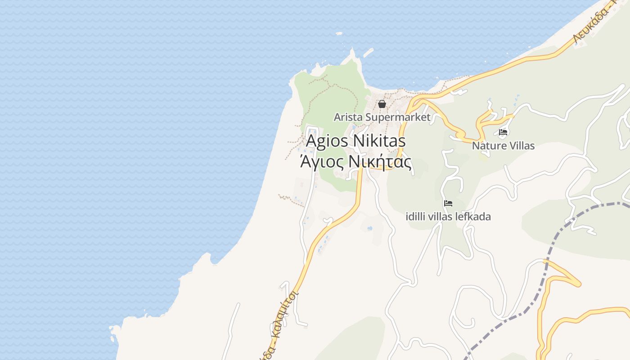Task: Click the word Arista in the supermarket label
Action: coord(348,117)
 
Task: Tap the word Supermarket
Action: coord(398,117)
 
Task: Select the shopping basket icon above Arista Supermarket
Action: coord(382,104)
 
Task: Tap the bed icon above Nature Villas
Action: coord(503,132)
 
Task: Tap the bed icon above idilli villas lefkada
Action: coord(448,203)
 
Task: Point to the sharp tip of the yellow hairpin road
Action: coord(580,284)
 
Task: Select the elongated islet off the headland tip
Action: coord(368,53)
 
